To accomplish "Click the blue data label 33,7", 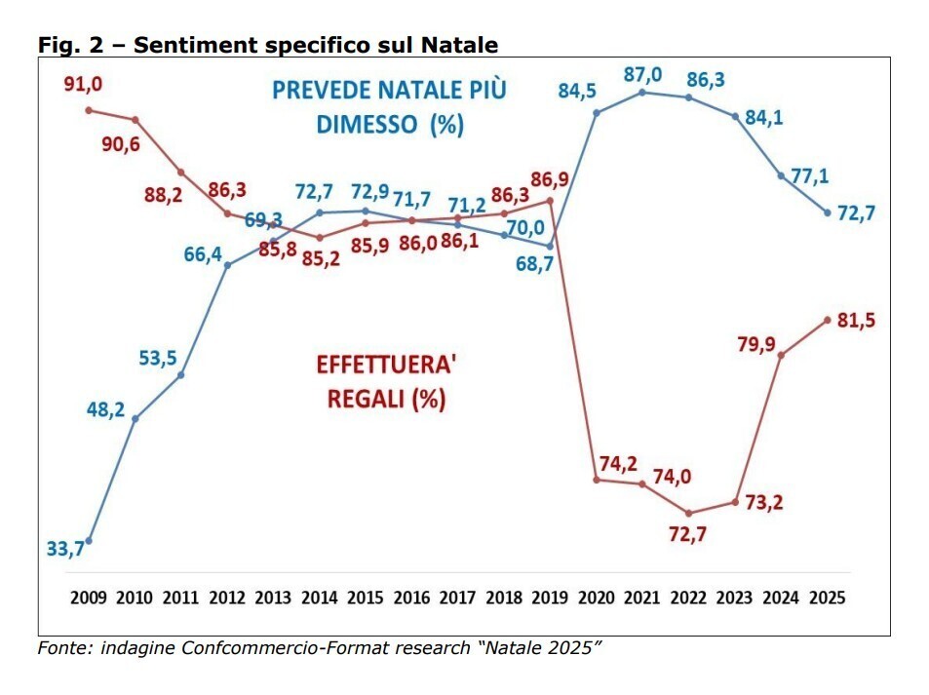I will tap(65, 549).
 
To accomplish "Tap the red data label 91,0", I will tap(84, 85).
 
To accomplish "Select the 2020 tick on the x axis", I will tap(596, 598).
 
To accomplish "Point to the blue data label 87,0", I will tap(643, 74).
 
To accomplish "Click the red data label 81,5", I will tap(856, 320).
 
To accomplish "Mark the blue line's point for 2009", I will tap(89, 540).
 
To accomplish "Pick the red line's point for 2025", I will tap(828, 320).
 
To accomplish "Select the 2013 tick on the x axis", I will tap(274, 598).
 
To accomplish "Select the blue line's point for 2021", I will tap(642, 93).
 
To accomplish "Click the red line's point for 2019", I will tap(551, 201).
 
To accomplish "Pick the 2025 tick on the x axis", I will tap(828, 598).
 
